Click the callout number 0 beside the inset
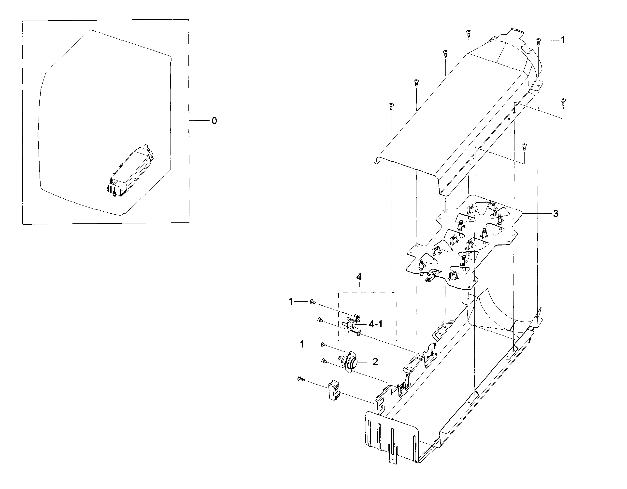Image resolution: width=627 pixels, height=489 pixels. click(214, 121)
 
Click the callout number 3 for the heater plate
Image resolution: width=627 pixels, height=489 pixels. click(556, 214)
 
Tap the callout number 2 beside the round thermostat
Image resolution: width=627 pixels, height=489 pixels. click(375, 362)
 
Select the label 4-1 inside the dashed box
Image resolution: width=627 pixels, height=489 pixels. click(375, 324)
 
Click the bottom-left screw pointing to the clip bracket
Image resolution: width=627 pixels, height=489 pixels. click(301, 379)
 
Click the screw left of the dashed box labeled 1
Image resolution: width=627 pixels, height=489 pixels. click(312, 302)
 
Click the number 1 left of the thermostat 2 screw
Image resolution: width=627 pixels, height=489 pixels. click(302, 344)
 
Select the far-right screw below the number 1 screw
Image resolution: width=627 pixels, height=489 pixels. click(563, 101)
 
